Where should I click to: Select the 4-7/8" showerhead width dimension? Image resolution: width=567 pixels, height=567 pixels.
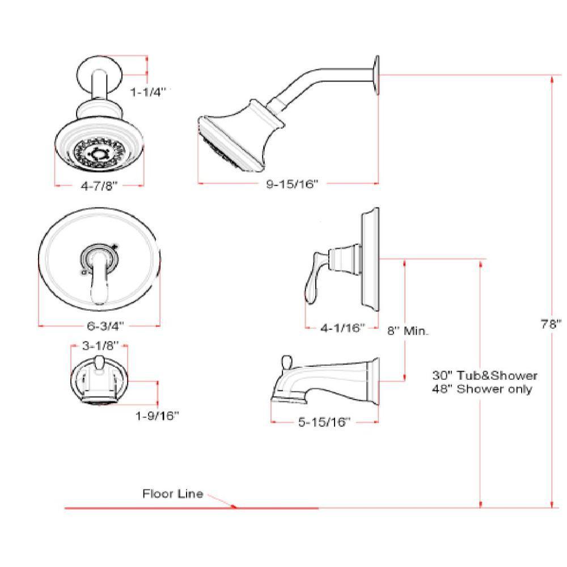click(x=99, y=186)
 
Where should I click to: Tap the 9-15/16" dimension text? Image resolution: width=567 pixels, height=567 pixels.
click(x=292, y=184)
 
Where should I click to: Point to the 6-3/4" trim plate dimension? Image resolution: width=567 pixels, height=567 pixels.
click(x=105, y=326)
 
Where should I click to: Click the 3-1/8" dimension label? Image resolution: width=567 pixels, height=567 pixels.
click(x=100, y=346)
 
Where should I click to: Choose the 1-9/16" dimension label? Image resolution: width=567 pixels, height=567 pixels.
click(x=157, y=416)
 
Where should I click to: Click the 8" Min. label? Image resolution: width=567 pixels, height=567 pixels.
click(x=408, y=331)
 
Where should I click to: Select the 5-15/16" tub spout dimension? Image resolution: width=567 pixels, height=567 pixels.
click(x=324, y=422)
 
